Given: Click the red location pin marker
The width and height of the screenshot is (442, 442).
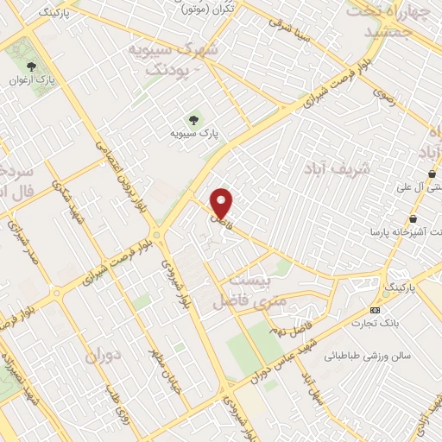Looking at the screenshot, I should click(223, 203).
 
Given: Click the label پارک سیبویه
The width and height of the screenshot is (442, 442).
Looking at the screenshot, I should click(192, 135).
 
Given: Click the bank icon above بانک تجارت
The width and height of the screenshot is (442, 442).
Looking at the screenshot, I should click(375, 310).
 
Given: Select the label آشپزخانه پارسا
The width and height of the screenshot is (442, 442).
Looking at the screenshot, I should click(401, 232).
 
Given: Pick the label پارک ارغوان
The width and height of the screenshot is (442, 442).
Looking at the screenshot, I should click(32, 81).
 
